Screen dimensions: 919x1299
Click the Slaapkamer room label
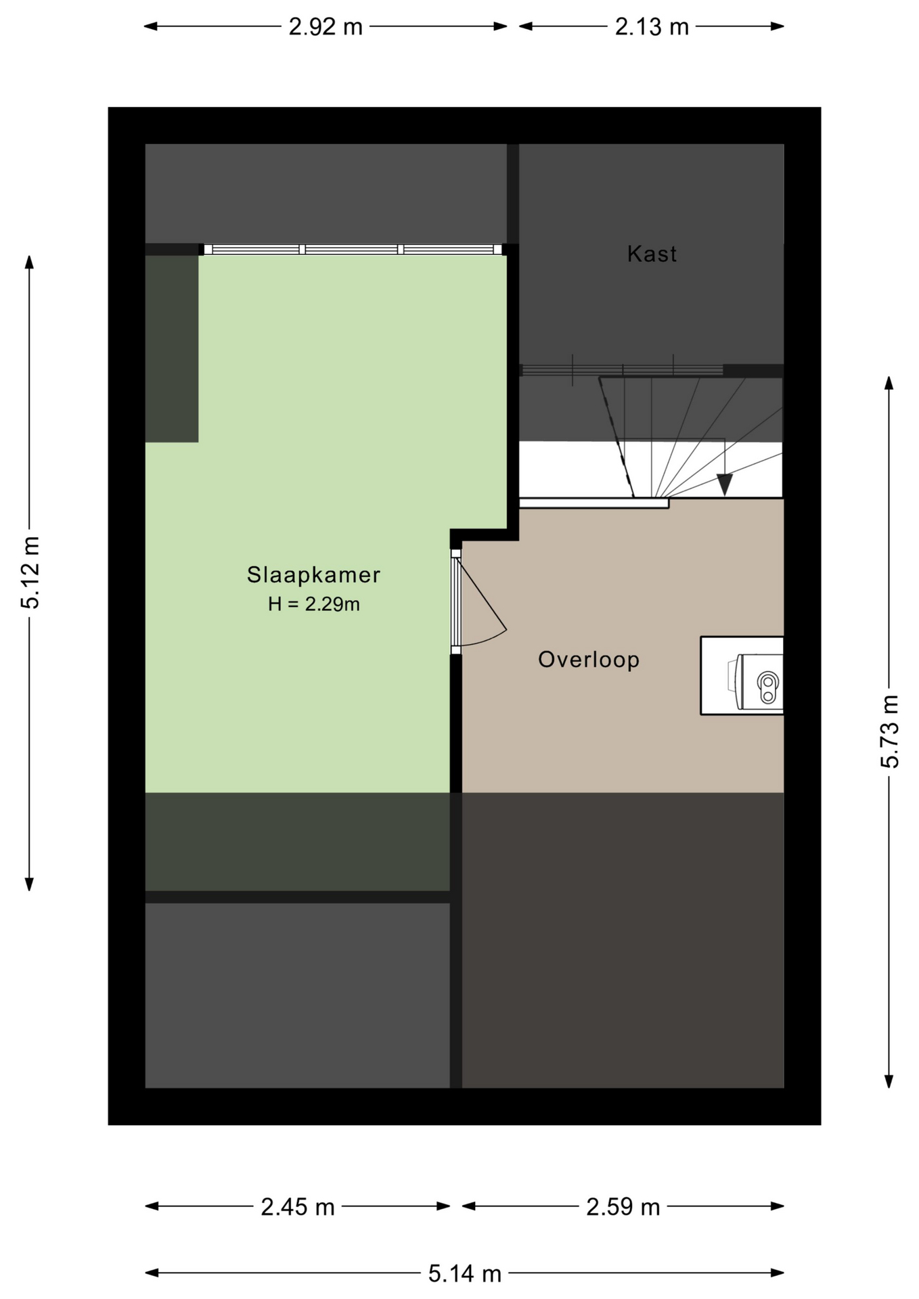(x=313, y=574)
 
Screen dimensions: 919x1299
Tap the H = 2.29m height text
(x=313, y=603)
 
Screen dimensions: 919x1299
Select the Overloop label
(x=589, y=659)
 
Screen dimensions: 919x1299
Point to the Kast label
(x=652, y=254)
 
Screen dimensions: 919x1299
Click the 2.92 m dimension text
(x=326, y=27)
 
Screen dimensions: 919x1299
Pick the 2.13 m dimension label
(x=652, y=27)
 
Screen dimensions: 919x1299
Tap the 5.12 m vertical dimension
(x=30, y=572)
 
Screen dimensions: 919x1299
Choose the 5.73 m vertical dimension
(x=889, y=731)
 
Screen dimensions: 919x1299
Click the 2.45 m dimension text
(x=298, y=1206)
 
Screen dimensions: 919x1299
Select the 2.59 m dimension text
(x=623, y=1206)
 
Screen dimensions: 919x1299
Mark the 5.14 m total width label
(x=465, y=1274)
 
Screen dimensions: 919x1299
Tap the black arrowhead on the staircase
(x=725, y=484)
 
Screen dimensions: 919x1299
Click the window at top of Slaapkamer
(x=353, y=250)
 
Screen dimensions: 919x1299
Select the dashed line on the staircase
(x=616, y=438)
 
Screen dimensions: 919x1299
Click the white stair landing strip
(x=594, y=503)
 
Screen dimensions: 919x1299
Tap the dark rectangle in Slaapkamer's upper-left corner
(x=172, y=348)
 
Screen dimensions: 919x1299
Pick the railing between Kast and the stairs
(x=621, y=370)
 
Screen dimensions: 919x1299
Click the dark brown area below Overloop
(x=623, y=940)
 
